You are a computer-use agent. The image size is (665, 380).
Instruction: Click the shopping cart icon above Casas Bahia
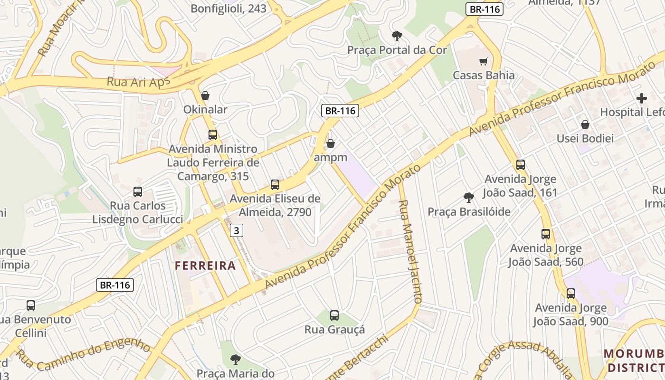pos(484,61)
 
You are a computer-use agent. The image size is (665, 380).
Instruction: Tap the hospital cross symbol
pos(642,98)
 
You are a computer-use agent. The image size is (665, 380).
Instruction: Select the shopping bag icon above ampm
pos(331,143)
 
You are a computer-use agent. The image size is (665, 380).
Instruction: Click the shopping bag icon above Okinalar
pos(205,95)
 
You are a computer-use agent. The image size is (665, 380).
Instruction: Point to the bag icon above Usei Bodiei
pos(585,124)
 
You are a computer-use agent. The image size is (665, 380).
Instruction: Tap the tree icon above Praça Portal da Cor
pos(397,36)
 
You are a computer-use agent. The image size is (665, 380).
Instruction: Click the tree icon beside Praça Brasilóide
pos(469,197)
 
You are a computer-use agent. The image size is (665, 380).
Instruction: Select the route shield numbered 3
pos(237,231)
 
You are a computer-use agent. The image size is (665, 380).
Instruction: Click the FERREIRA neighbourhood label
pos(205,266)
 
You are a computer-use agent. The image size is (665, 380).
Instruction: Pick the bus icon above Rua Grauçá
pos(334,315)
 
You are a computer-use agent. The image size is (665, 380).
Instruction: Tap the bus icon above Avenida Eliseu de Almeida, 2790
pos(275,185)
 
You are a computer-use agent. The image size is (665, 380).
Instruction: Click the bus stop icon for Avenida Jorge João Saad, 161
pos(521,165)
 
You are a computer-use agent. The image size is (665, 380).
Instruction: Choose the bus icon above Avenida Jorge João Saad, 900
pos(570,293)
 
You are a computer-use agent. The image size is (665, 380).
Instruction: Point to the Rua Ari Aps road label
pos(138,82)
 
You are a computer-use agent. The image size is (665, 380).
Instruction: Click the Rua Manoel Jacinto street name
pos(409,251)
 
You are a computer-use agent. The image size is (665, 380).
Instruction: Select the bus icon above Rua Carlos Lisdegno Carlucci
pos(138,192)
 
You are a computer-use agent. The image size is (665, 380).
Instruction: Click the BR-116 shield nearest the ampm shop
pos(340,111)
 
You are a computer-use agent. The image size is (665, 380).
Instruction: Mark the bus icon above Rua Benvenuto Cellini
pos(31,305)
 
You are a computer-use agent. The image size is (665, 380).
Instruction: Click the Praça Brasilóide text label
pos(469,212)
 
